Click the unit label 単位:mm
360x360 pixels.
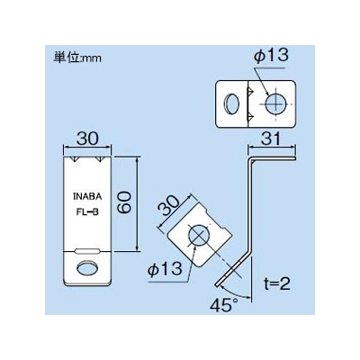77,58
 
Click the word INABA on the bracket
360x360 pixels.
87,197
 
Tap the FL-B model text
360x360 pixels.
87,212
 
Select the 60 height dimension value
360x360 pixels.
124,203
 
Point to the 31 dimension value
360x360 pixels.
272,139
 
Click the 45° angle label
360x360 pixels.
221,306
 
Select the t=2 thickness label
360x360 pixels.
276,283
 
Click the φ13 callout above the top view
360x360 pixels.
271,56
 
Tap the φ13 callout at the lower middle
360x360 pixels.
165,268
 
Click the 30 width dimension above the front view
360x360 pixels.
87,139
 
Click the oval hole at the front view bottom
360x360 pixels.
87,267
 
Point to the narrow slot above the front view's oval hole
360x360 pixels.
87,252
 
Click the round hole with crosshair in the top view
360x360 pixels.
275,103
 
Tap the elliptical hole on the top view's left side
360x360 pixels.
231,104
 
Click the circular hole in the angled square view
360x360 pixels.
199,234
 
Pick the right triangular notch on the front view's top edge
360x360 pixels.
100,159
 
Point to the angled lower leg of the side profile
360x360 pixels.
233,269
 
